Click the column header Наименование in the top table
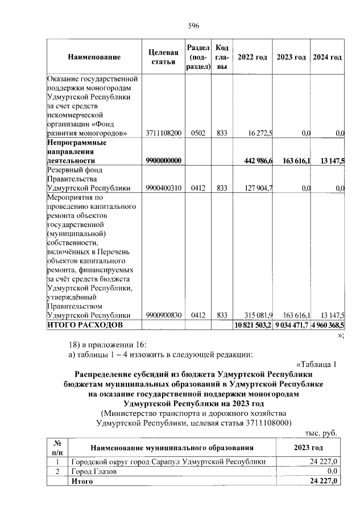click(x=94, y=57)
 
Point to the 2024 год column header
click(x=328, y=57)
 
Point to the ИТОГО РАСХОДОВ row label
click(x=84, y=325)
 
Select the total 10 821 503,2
click(x=253, y=325)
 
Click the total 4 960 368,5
click(x=328, y=325)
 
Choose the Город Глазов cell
click(x=93, y=471)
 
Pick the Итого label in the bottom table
click(x=81, y=481)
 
